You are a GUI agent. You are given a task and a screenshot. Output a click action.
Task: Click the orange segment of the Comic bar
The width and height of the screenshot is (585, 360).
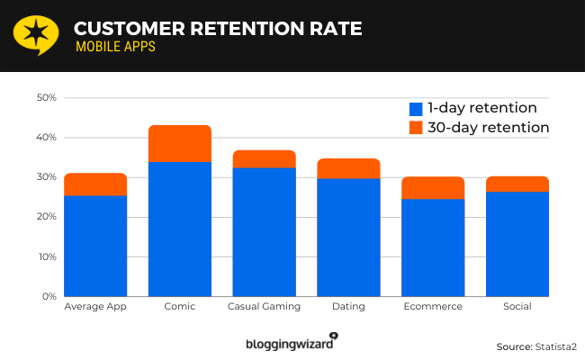179,143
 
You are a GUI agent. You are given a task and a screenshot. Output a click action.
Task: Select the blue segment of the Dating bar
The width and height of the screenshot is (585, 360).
348,237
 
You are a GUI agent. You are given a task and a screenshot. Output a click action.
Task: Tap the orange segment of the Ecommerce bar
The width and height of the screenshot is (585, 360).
433,187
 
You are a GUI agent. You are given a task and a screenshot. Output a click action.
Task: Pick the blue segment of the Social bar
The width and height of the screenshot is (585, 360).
517,244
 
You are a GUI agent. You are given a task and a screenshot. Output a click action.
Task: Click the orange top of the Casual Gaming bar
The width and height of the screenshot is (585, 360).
264,158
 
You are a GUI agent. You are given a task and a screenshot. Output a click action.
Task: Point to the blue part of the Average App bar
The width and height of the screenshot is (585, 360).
95,246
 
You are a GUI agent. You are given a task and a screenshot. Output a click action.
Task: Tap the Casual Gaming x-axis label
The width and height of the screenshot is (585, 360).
264,307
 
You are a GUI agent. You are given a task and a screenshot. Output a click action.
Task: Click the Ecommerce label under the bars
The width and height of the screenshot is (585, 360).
433,307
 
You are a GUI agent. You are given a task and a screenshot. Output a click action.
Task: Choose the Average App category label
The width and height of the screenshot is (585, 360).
95,307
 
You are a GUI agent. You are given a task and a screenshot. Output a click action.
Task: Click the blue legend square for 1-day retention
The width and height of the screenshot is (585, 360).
416,107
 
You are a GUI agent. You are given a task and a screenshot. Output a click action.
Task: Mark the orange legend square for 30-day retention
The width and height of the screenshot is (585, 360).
416,128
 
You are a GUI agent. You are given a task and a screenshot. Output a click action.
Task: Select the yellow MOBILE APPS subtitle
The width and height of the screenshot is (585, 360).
114,48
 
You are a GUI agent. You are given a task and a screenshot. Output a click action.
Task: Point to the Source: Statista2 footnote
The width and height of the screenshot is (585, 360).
535,346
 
